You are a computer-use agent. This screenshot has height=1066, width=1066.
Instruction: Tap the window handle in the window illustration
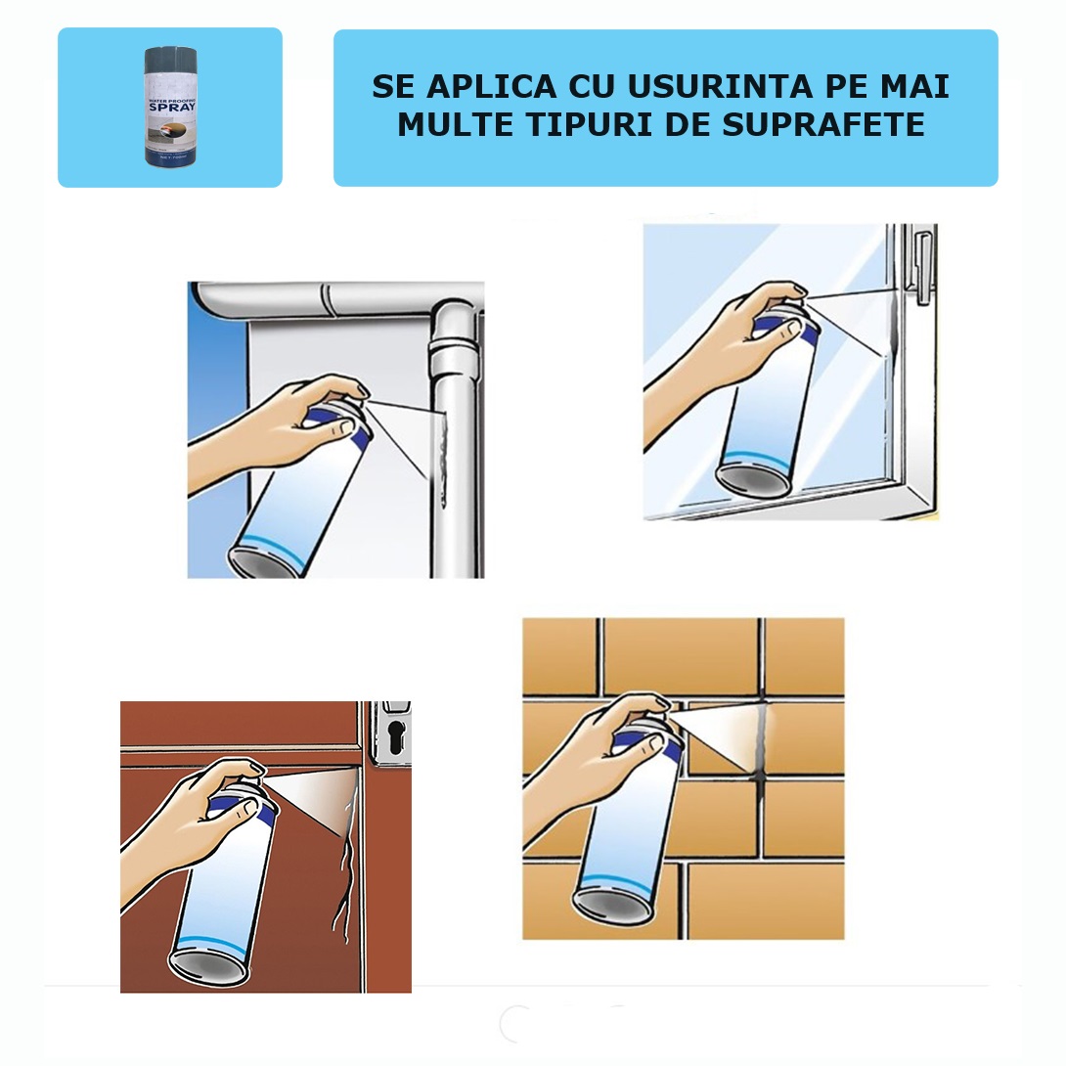pyautogui.click(x=920, y=259)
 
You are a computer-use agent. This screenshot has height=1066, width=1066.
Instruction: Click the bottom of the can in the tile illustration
pyautogui.click(x=612, y=905)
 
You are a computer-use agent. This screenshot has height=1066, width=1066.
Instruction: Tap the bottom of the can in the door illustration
pyautogui.click(x=207, y=963)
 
